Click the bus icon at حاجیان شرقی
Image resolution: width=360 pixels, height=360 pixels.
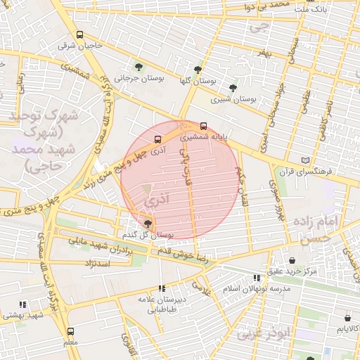coord(79,34)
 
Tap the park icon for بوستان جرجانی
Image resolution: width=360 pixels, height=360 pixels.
coord(138,67)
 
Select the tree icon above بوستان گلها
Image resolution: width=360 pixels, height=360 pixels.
coord(198,70)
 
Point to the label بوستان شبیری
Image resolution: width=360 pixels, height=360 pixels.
coord(232,100)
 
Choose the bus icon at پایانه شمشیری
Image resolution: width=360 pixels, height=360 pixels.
coord(204,127)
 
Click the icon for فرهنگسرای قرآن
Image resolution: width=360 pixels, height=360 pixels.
coord(304,160)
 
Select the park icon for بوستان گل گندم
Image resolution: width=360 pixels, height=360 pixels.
coord(146,224)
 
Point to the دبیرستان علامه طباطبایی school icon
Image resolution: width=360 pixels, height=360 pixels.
coord(162,288)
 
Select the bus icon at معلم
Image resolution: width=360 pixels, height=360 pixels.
coord(70,331)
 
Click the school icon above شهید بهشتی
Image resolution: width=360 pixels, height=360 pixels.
coord(22,305)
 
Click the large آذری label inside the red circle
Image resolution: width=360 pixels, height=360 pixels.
coord(155,201)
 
